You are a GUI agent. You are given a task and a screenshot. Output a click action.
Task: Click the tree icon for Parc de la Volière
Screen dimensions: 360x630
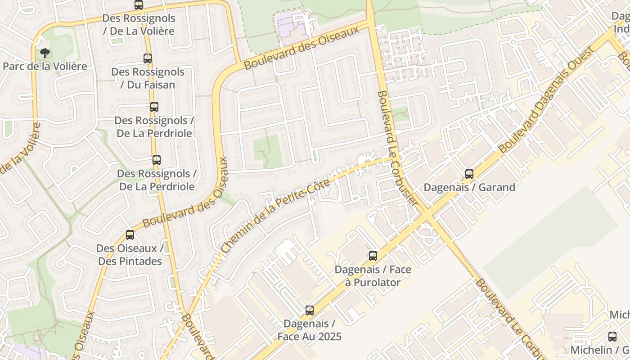45,53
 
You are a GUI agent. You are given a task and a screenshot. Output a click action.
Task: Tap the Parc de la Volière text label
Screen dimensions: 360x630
45,66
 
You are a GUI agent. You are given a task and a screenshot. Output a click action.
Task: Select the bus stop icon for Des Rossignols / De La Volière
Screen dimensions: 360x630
139,5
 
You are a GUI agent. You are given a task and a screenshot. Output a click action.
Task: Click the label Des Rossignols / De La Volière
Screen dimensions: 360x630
138,25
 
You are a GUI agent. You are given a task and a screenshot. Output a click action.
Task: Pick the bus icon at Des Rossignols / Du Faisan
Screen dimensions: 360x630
148,58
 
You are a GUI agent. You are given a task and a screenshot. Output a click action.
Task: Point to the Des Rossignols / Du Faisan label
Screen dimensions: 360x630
148,78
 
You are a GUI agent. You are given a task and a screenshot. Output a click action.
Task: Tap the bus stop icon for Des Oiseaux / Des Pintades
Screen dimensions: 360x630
130,234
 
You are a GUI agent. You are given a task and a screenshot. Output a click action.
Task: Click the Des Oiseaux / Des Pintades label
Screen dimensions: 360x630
130,255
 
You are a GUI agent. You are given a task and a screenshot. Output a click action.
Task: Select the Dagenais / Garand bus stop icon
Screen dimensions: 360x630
469,174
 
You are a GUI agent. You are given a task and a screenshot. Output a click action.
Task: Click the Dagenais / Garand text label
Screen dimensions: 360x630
469,187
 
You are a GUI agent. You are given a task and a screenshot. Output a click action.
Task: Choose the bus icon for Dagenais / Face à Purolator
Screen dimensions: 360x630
373,256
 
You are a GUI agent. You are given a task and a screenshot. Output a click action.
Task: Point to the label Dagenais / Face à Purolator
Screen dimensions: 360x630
373,276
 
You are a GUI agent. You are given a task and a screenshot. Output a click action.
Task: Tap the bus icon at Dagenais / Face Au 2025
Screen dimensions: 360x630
310,310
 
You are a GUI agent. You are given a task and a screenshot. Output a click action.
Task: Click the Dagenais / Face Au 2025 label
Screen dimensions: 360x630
309,330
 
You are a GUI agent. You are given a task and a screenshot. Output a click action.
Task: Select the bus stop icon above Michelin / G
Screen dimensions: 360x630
612,336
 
